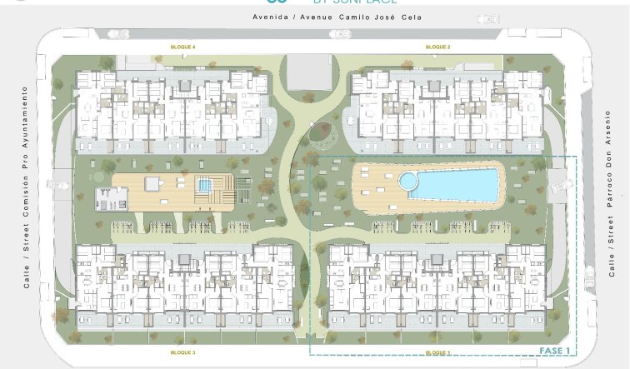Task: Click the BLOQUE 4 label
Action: tap(182, 47)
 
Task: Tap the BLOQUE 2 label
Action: tap(437, 47)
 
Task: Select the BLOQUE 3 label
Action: tap(182, 353)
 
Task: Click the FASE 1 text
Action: tap(554, 351)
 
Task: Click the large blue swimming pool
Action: tap(452, 184)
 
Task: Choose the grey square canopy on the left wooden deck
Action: tap(152, 183)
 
